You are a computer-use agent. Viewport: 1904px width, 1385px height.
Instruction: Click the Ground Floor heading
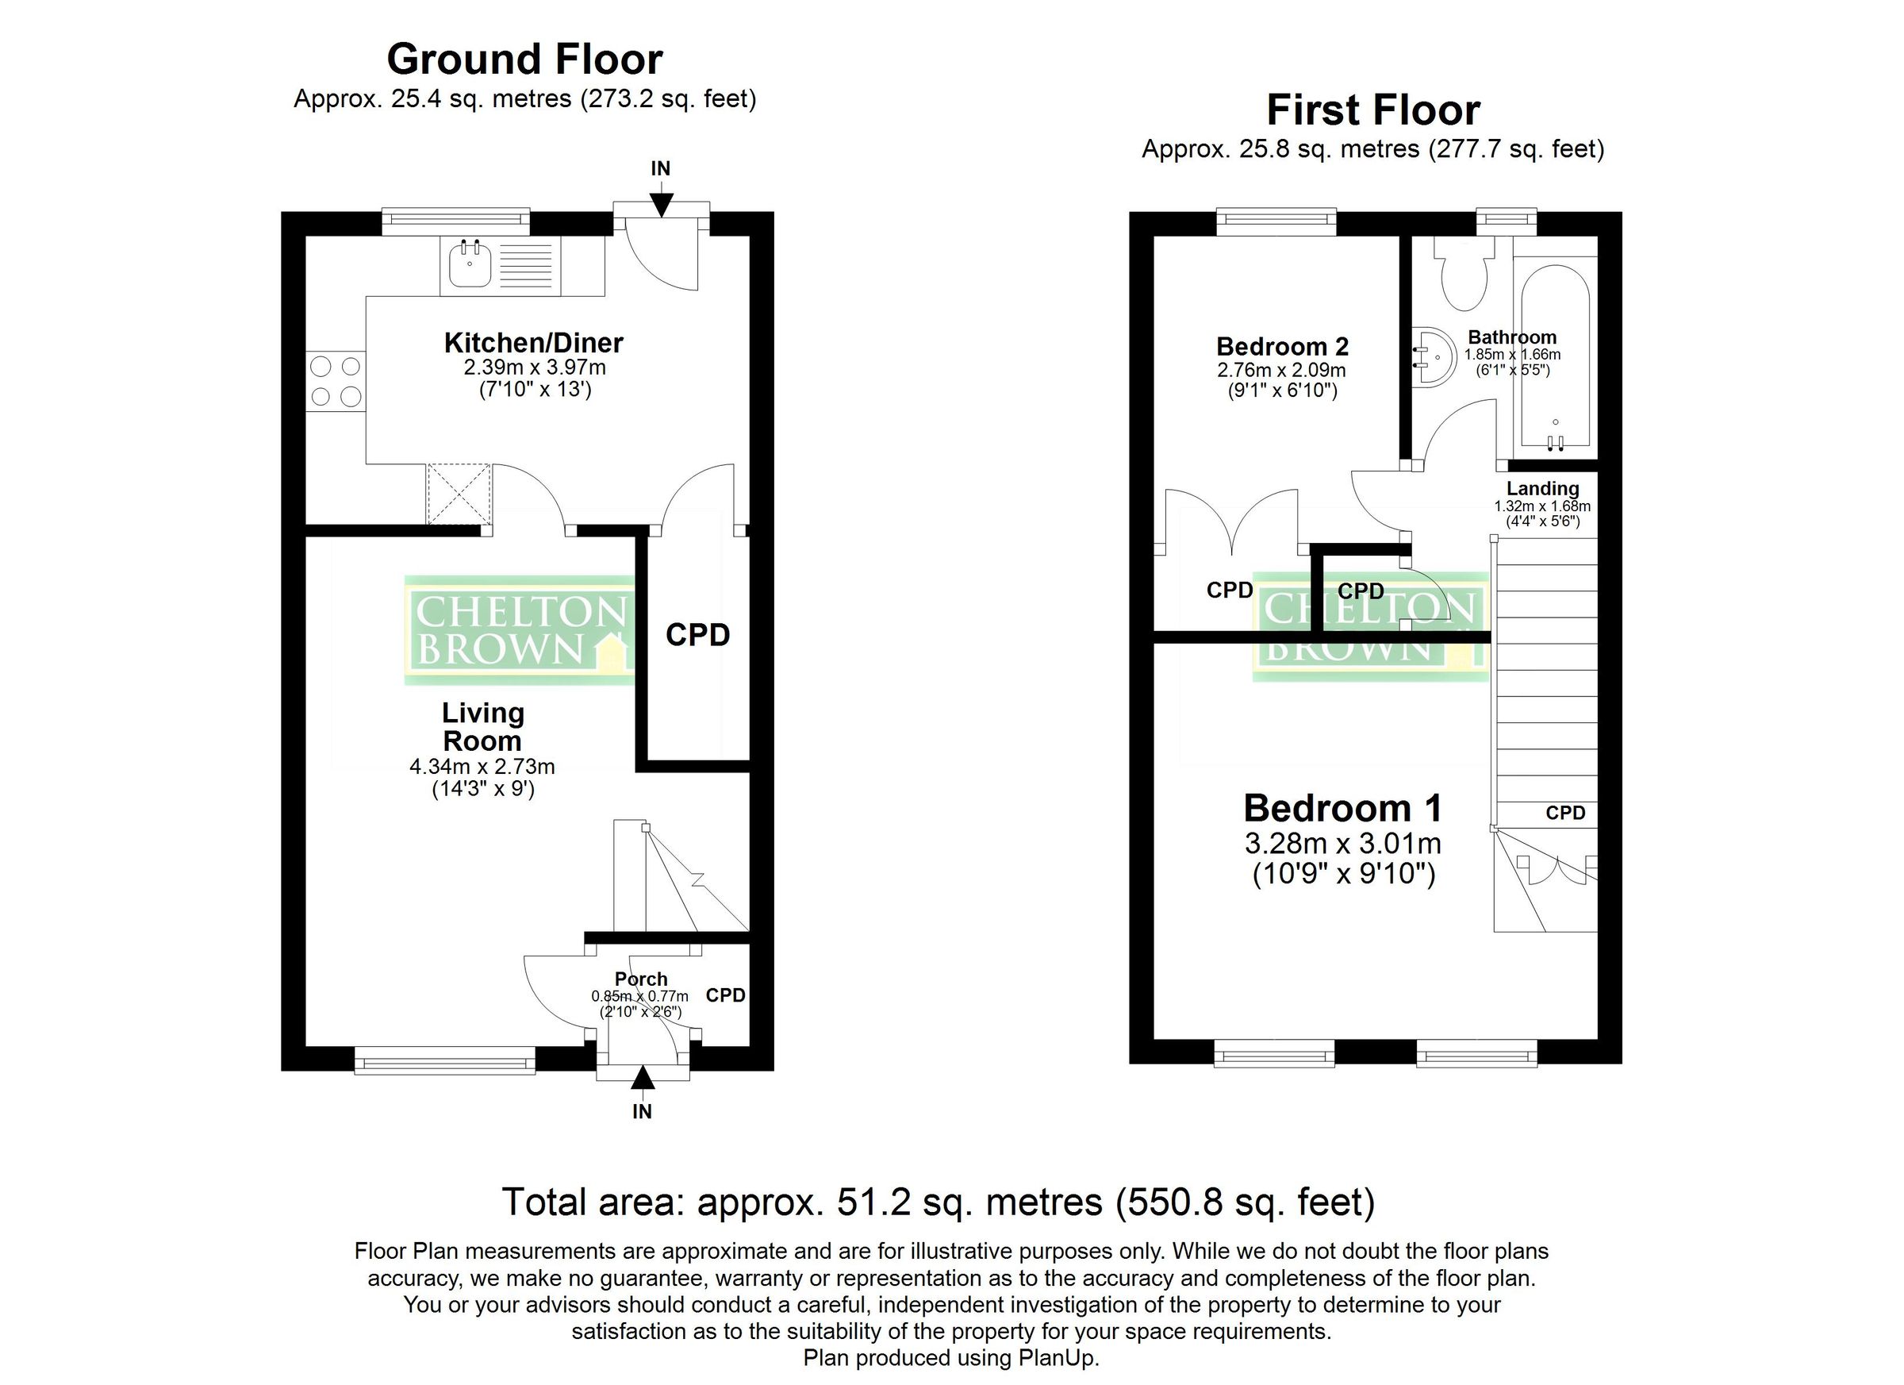coord(524,60)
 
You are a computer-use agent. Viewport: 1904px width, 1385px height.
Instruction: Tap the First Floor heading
coord(1372,110)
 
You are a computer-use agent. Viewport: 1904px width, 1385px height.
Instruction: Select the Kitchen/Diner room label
coord(533,343)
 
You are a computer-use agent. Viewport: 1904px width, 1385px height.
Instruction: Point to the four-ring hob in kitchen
coord(335,380)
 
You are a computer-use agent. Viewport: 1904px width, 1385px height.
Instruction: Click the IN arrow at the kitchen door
coord(661,202)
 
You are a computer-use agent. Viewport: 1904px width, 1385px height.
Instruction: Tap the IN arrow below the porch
coord(643,1079)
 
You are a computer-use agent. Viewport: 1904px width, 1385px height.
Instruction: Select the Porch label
coord(640,979)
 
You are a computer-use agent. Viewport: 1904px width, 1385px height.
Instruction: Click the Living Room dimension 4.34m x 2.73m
coord(482,766)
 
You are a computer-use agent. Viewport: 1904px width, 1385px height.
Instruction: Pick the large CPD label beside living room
coord(697,635)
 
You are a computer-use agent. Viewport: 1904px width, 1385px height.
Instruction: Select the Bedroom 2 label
coord(1282,346)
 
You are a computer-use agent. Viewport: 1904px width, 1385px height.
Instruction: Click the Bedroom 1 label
coord(1342,808)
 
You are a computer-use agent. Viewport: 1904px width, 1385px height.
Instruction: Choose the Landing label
coord(1542,489)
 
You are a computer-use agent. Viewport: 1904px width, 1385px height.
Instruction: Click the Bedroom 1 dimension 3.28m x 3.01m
coord(1343,843)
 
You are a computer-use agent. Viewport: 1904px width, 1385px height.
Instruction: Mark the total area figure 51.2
coord(874,1202)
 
